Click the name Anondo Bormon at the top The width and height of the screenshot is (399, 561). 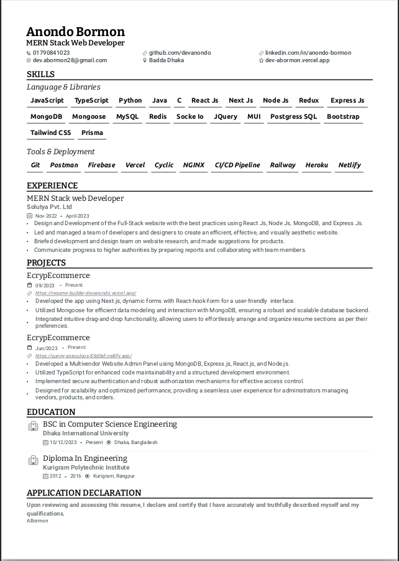coord(75,32)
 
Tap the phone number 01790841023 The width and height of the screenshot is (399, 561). coord(51,53)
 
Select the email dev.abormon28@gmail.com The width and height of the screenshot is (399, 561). coord(70,60)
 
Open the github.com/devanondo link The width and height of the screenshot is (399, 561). coord(180,53)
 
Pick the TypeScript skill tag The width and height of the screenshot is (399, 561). coord(91,101)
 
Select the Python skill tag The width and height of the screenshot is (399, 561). coord(130,101)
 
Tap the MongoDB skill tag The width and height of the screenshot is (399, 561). coord(47,117)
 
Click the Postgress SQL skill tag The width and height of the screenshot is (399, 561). coord(293,117)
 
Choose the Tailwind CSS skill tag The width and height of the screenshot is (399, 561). coord(51,133)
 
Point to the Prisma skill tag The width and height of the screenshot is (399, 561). coord(93,133)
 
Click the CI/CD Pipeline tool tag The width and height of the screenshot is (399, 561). coord(237,165)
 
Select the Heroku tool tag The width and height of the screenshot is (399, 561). coord(316,165)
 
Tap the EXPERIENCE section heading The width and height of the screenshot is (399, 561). coord(52,185)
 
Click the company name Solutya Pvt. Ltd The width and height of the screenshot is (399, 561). coord(49,207)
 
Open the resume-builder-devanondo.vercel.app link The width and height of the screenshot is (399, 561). coord(86,293)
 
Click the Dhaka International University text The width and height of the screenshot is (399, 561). coord(86,433)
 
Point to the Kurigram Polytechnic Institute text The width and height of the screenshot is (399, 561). coord(86,468)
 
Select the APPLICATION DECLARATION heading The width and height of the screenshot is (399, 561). coord(84,493)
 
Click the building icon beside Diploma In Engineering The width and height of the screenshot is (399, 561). coord(34,461)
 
